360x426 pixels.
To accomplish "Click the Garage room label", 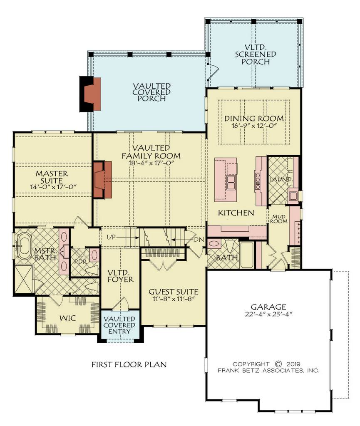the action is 268,307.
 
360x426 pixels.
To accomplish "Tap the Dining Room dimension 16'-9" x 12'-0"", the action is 254,126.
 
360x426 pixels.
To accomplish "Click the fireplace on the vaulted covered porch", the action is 90,94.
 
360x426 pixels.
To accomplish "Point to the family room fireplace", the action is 102,180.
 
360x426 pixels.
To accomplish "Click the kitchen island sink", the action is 231,182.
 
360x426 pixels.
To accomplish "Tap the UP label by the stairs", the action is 111,237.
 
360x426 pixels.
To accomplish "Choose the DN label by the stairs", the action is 199,239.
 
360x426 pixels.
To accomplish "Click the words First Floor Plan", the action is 129,364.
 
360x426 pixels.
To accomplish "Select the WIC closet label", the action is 67,318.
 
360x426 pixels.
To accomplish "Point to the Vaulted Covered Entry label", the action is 119,325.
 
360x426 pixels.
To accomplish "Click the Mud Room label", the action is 279,219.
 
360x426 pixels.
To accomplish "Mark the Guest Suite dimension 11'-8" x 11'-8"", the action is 174,299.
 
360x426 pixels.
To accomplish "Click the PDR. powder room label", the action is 80,262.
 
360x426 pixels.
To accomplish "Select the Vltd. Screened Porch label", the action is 256,54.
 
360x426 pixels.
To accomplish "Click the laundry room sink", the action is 293,196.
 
